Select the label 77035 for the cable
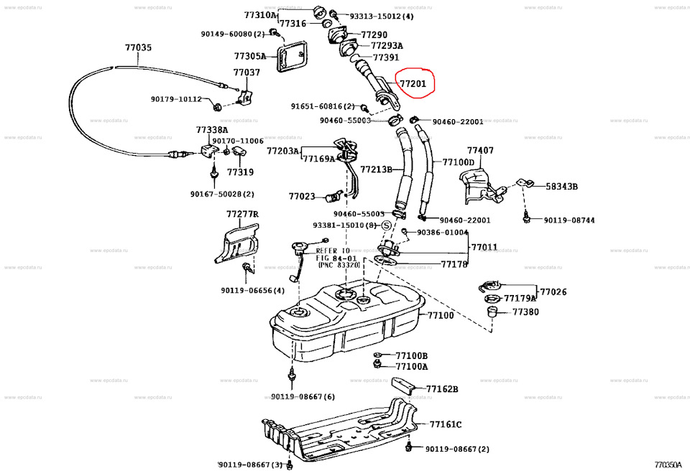coord(138,47)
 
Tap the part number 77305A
coord(249,56)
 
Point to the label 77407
coord(480,150)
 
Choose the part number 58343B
coord(561,186)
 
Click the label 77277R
coord(241,214)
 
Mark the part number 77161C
coord(446,424)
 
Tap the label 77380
coord(525,312)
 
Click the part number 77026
coord(553,292)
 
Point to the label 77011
coord(484,247)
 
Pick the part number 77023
coord(302,196)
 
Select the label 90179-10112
coord(176,99)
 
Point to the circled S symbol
coord(385,225)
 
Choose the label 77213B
coord(376,169)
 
